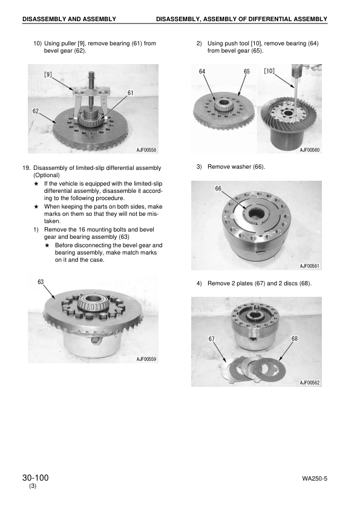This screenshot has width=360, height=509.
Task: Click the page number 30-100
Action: pyautogui.click(x=35, y=478)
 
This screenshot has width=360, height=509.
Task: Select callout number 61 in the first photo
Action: pyautogui.click(x=131, y=92)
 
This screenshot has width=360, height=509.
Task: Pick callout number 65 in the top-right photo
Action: pyautogui.click(x=246, y=71)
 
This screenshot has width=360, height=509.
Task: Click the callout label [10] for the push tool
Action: pyautogui.click(x=270, y=71)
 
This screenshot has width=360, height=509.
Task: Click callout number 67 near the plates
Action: pyautogui.click(x=212, y=339)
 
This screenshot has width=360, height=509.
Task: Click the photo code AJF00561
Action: pyautogui.click(x=310, y=266)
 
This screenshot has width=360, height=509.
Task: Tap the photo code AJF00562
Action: pyautogui.click(x=310, y=382)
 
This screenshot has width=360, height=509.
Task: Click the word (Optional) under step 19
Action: pyautogui.click(x=47, y=175)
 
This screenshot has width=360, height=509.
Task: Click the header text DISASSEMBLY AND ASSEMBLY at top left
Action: pyautogui.click(x=69, y=19)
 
